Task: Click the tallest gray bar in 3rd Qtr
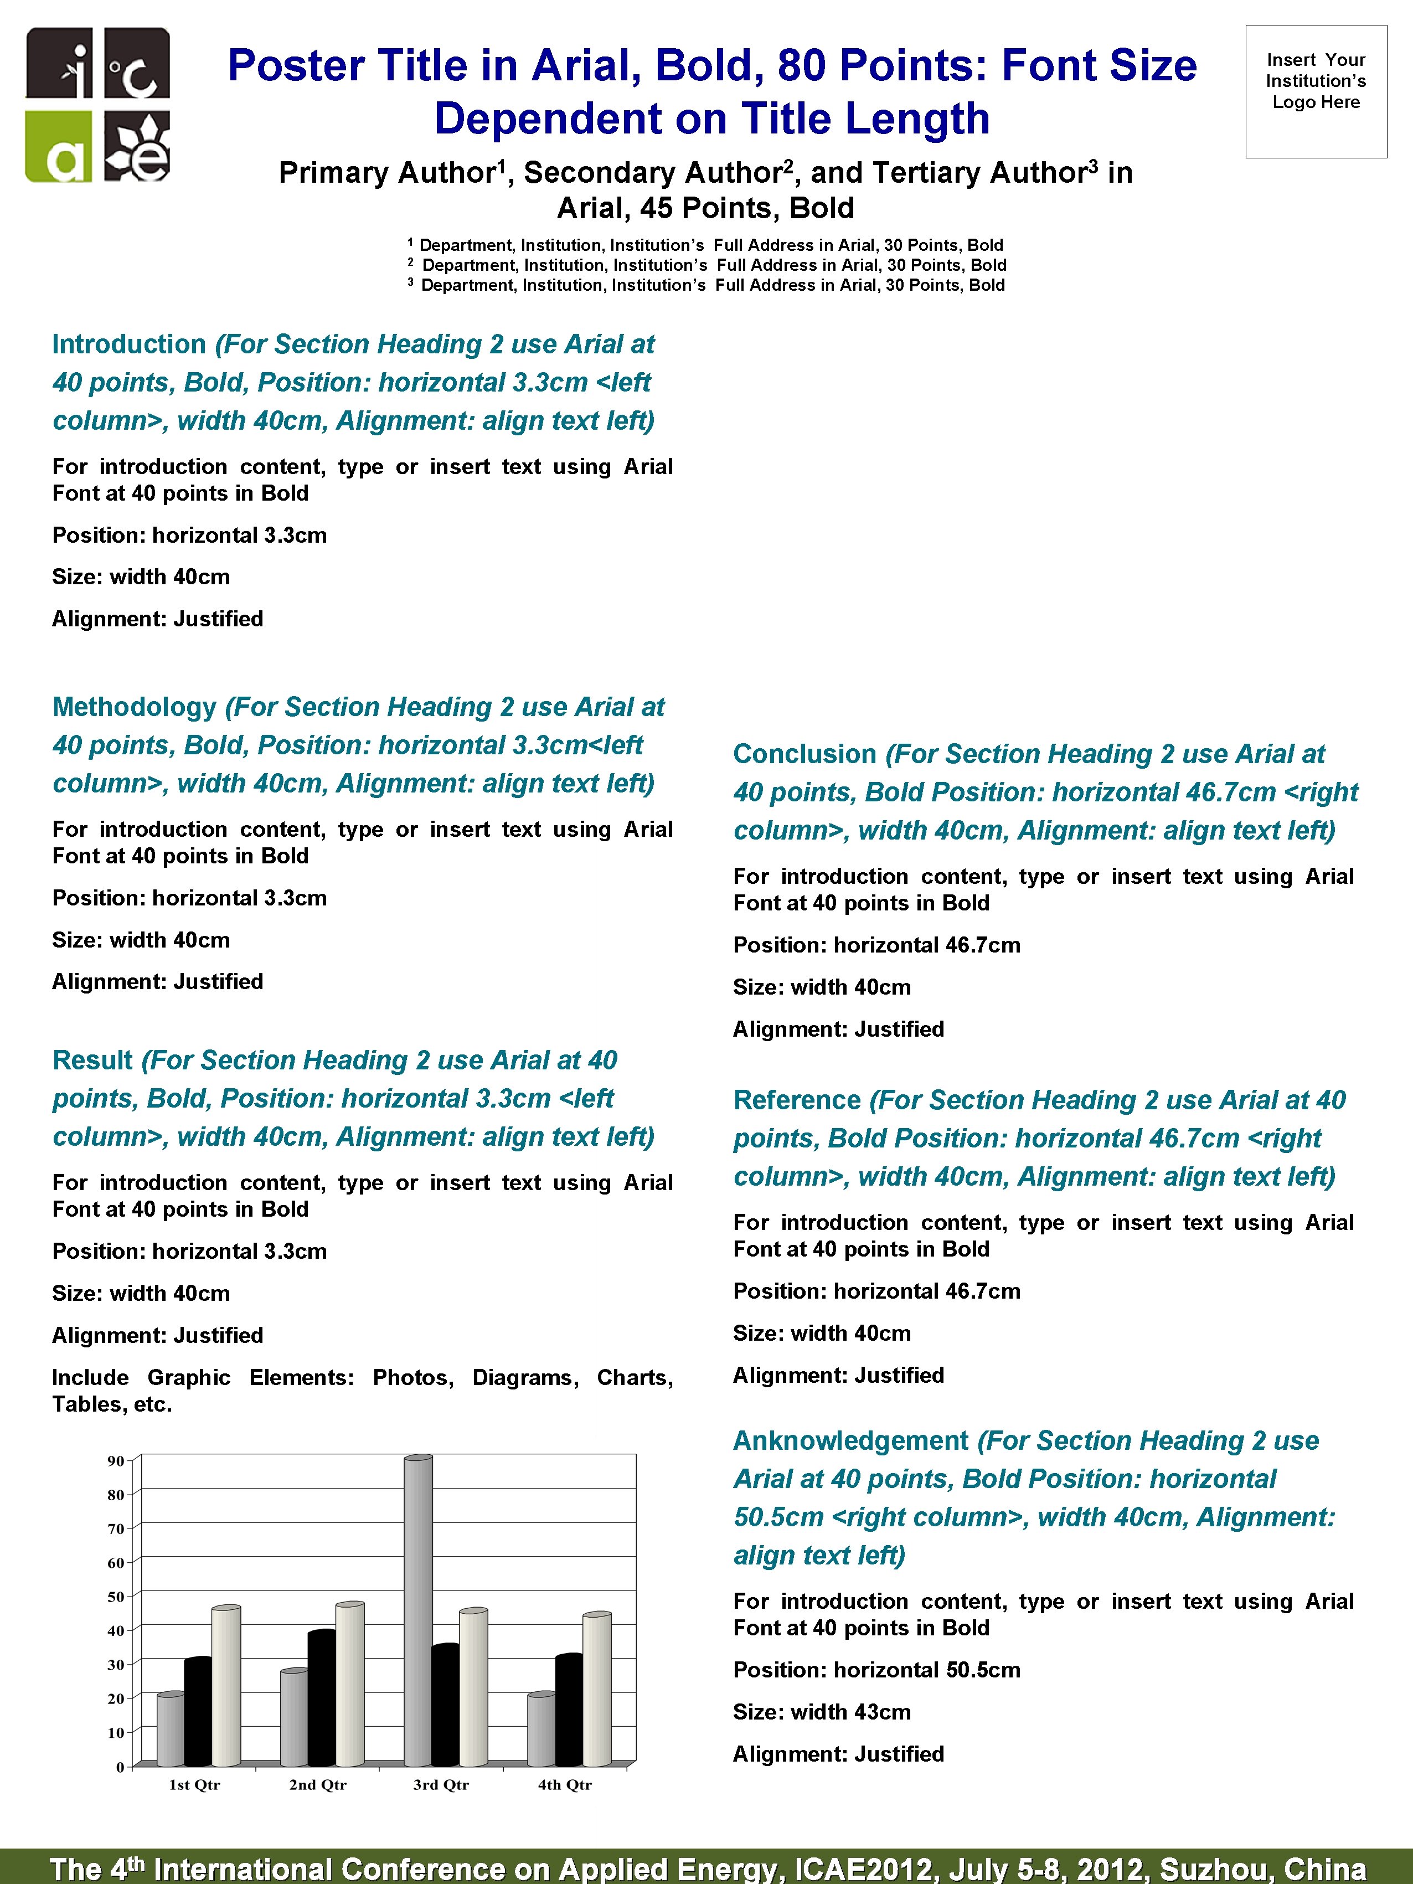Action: point(417,1610)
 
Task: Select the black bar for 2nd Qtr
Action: point(321,1698)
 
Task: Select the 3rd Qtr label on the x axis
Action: point(440,1784)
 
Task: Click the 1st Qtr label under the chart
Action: point(194,1784)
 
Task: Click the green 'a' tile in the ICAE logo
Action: point(58,147)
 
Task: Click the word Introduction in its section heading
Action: point(128,344)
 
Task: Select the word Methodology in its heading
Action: point(135,707)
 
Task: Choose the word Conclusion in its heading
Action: point(804,754)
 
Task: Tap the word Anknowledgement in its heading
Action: point(850,1440)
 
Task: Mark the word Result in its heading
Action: point(92,1061)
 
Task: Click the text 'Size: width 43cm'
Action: point(821,1712)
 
